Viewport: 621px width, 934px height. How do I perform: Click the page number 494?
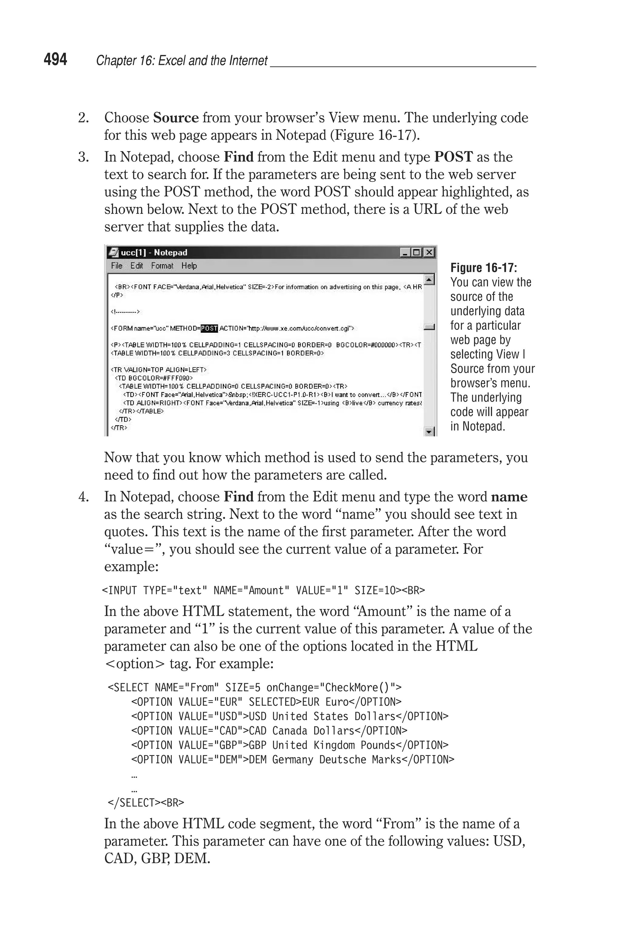pos(55,59)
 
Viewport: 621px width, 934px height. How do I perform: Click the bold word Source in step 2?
pos(176,118)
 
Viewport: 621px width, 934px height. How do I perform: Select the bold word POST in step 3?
pos(453,157)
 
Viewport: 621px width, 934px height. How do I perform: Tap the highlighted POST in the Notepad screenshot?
pos(209,328)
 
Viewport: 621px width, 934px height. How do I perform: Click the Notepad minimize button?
pos(405,252)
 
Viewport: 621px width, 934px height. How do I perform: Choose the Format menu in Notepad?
pos(162,266)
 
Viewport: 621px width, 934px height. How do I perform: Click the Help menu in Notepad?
pos(189,266)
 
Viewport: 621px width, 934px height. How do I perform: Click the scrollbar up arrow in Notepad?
pos(429,280)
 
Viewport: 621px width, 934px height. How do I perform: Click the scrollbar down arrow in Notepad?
pos(429,431)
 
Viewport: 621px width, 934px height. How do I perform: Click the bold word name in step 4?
pos(509,497)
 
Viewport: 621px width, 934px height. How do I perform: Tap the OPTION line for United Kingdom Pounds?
pos(290,745)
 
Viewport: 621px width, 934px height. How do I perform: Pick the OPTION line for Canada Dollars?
pos(269,731)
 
